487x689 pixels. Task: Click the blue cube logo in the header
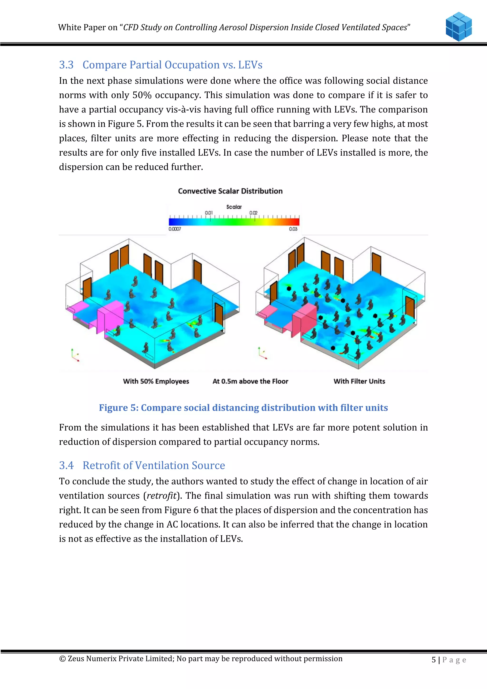coord(458,26)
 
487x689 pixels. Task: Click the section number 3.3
coord(66,65)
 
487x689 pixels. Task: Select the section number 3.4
coord(66,465)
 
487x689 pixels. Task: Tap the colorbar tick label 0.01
coord(209,213)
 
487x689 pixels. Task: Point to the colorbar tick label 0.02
coord(253,213)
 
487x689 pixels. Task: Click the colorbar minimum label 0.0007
coord(175,229)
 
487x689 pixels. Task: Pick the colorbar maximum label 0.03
coord(293,229)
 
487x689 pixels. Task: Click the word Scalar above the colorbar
coord(234,207)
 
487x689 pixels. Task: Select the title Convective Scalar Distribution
coord(230,191)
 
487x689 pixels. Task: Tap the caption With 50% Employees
coord(156,381)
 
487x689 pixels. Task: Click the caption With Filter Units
coord(359,381)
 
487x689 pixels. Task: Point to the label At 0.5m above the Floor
coord(250,381)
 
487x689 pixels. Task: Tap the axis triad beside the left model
coord(75,355)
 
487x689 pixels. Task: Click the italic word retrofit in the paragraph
coord(161,496)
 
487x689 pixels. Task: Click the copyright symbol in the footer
coord(62,659)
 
